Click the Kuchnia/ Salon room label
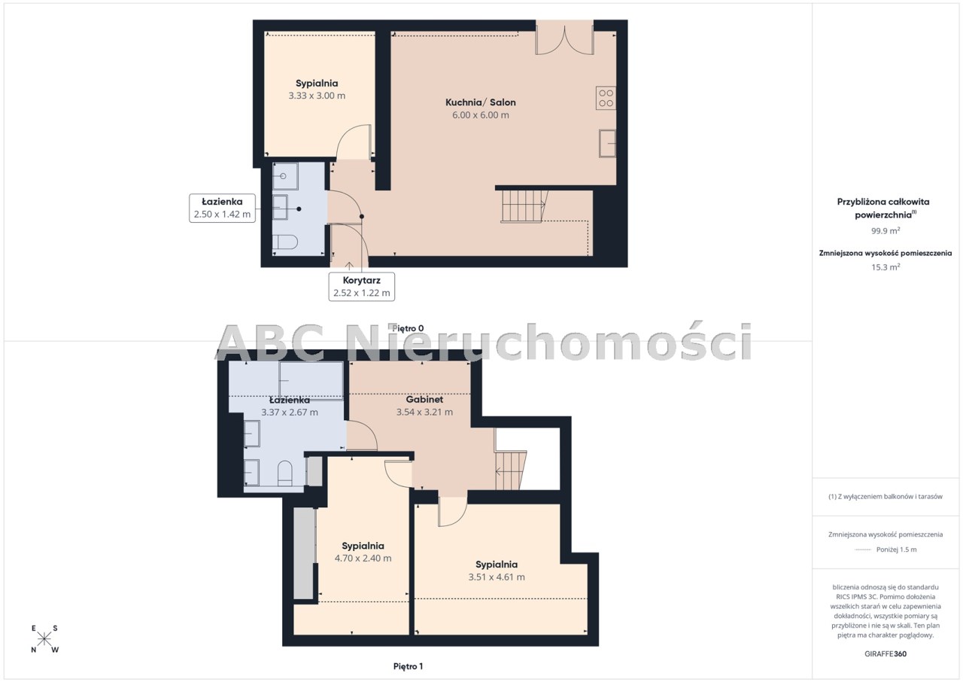480,102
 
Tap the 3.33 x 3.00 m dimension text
317,96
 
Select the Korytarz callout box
362,286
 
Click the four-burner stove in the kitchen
606,98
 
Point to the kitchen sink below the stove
607,143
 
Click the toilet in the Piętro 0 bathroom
285,242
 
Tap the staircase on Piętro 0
524,206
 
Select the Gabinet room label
424,400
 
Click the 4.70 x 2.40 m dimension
363,558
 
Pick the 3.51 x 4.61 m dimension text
497,577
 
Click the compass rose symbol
44,639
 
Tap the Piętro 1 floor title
408,666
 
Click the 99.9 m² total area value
886,230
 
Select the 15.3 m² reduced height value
886,267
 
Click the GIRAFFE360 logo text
886,654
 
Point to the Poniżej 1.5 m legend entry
886,550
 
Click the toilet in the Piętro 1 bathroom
284,474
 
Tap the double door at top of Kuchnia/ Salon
564,38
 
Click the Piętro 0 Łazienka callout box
222,208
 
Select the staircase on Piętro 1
511,470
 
